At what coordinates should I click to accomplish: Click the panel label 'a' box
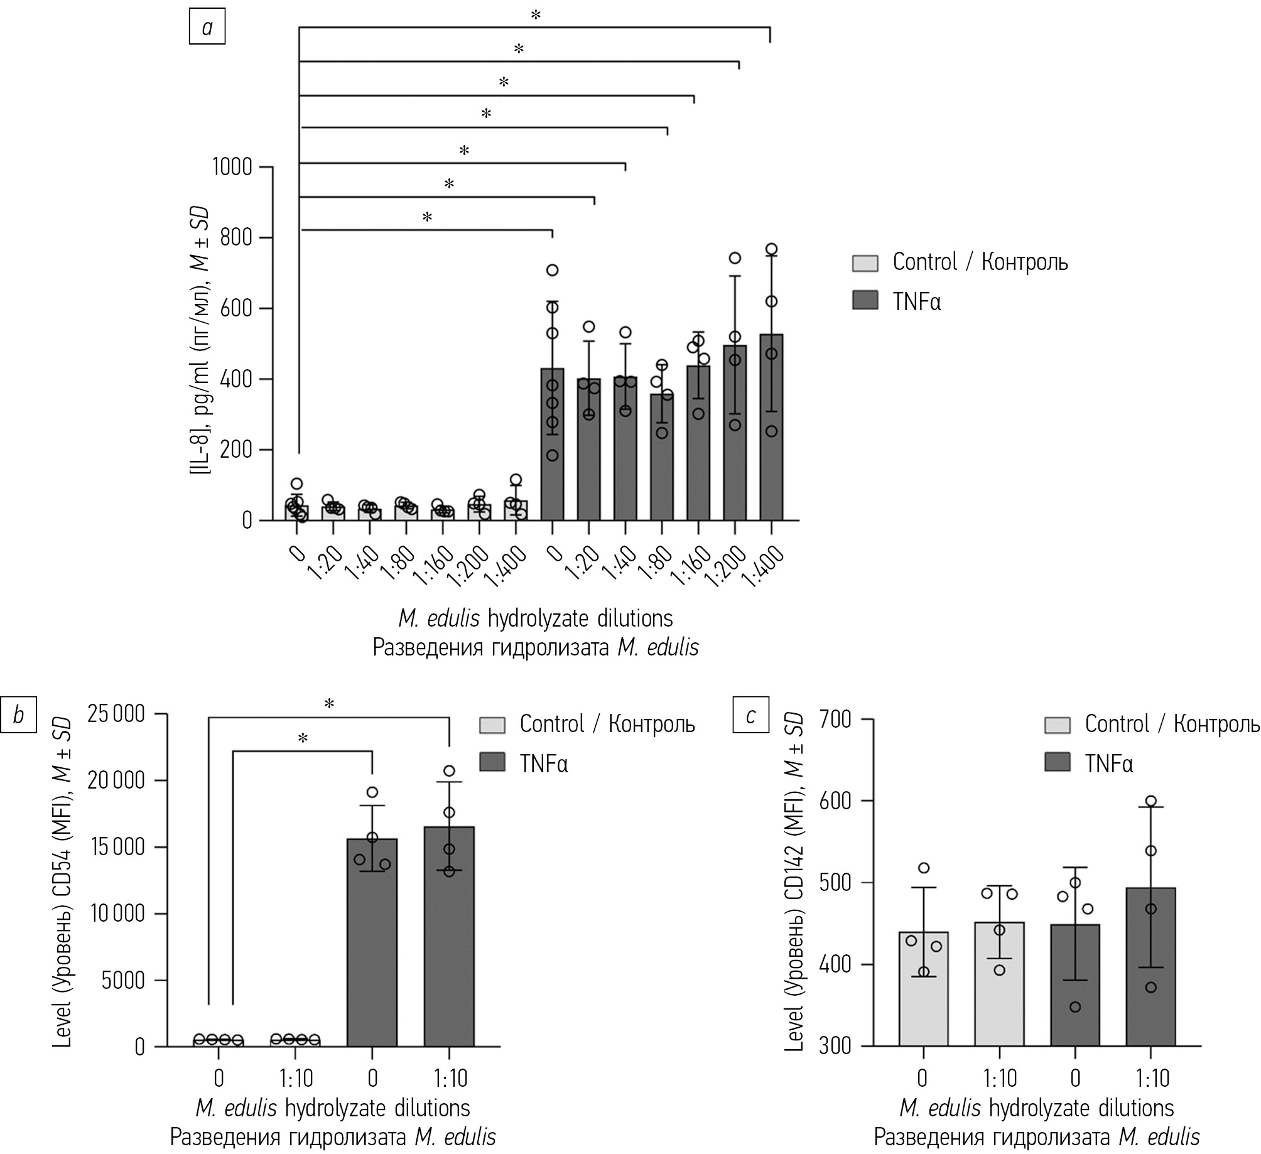207,28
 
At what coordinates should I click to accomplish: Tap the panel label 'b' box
18,715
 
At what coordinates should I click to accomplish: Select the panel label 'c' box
750,715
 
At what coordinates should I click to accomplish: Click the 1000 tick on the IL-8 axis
232,168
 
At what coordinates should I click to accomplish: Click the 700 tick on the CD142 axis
836,720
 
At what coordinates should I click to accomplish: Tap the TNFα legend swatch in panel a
865,301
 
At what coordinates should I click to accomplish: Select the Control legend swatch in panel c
1058,725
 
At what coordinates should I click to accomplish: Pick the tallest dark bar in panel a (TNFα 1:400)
771,427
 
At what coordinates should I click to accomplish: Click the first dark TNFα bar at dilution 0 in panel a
552,445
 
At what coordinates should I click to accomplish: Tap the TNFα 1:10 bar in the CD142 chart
1150,967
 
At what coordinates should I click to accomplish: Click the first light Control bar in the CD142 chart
923,989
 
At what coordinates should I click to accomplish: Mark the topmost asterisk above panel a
536,15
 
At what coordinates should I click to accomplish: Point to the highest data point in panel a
771,249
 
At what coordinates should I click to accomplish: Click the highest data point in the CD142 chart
1150,801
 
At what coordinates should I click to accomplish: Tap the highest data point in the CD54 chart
449,771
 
